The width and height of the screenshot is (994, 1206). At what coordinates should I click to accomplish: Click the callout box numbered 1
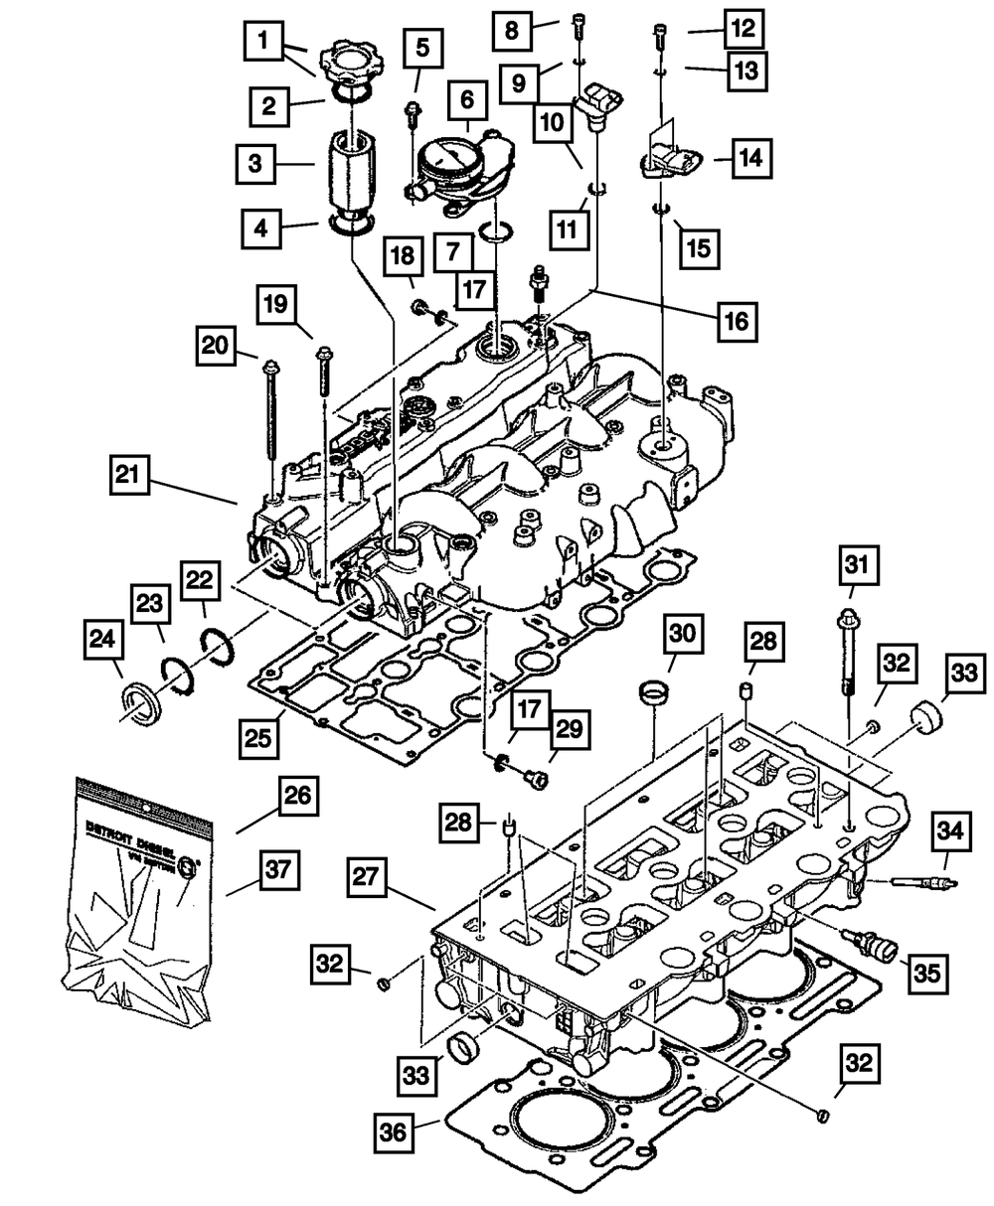263,42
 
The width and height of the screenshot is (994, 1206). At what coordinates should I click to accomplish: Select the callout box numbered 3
255,162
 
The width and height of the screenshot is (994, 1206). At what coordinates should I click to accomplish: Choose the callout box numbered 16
735,321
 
